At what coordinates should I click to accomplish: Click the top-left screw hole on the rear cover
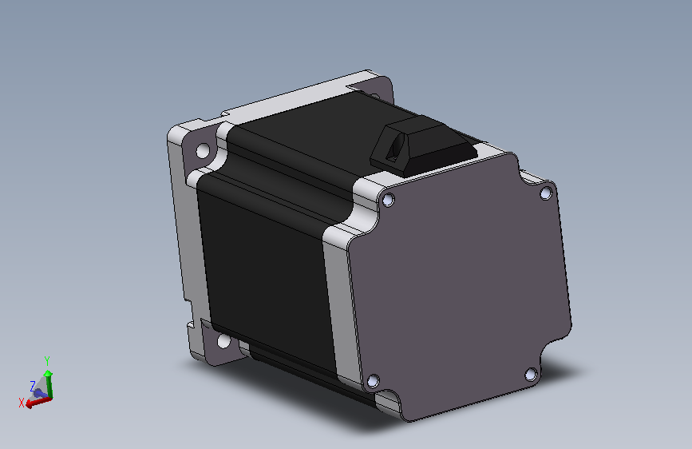tap(388, 201)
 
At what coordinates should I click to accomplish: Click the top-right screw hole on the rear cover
tap(546, 193)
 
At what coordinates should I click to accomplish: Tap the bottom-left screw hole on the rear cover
tap(373, 380)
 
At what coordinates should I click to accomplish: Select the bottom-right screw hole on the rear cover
tap(531, 375)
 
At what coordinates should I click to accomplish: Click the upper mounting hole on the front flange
tap(203, 151)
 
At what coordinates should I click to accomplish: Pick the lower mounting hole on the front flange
tap(223, 341)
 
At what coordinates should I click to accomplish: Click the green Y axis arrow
tap(48, 383)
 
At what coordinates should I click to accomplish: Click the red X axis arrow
tap(39, 402)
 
